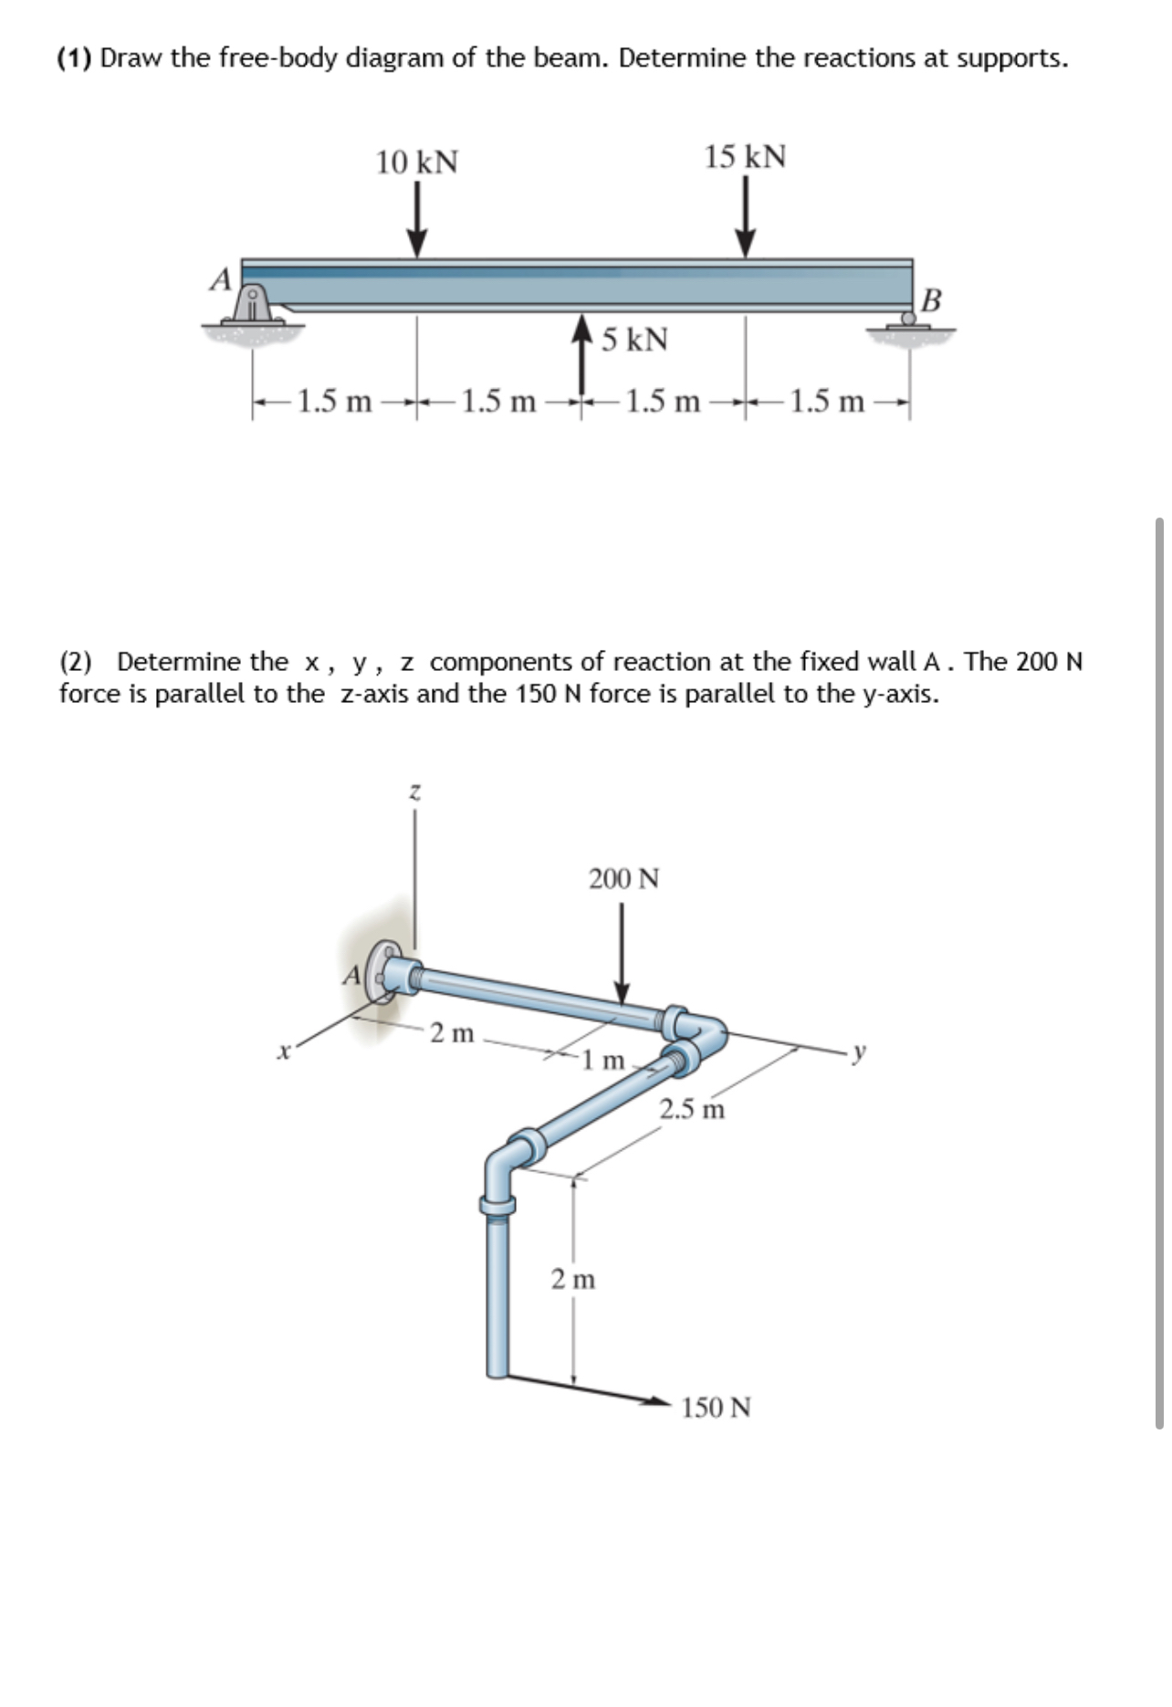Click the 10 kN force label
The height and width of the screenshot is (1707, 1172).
click(x=417, y=162)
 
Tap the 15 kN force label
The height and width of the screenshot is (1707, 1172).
click(x=745, y=157)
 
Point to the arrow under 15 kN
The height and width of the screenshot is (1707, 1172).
click(x=746, y=218)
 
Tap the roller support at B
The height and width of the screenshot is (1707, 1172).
click(x=908, y=319)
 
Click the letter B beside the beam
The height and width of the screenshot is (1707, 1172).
click(x=931, y=299)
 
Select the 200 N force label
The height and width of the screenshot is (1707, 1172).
click(x=623, y=879)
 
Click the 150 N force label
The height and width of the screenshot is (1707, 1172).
click(x=717, y=1407)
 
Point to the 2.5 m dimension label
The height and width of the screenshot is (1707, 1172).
click(x=692, y=1109)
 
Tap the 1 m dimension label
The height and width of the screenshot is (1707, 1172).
click(x=604, y=1060)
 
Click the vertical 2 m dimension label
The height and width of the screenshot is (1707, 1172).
click(x=573, y=1279)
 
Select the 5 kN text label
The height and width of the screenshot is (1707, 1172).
click(x=635, y=340)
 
